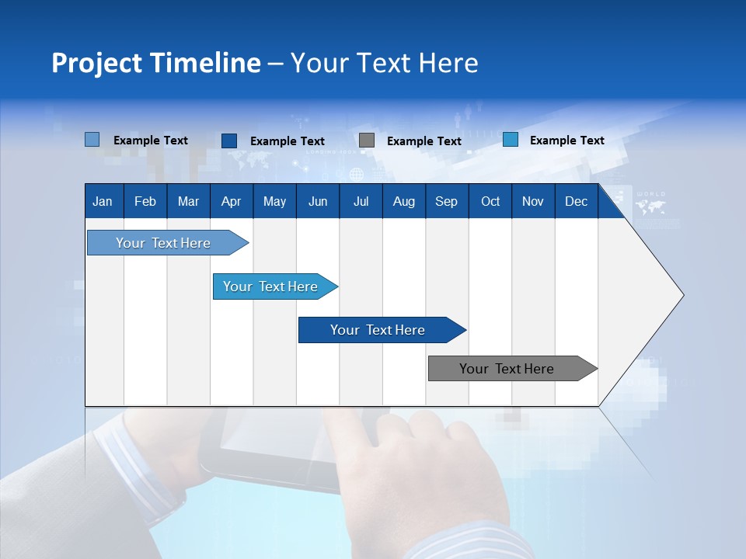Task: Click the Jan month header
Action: coord(103,201)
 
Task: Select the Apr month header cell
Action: coord(232,201)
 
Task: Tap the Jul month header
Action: coord(361,201)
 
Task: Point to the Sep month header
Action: coord(446,201)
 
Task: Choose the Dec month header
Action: coord(576,201)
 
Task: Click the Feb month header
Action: coord(145,201)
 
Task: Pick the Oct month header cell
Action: coord(490,201)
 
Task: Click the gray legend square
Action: coord(367,141)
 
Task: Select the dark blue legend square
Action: coord(229,141)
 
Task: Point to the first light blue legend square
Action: coord(92,140)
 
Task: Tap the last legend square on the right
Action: coord(511,140)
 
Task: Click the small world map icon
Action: coord(650,207)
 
